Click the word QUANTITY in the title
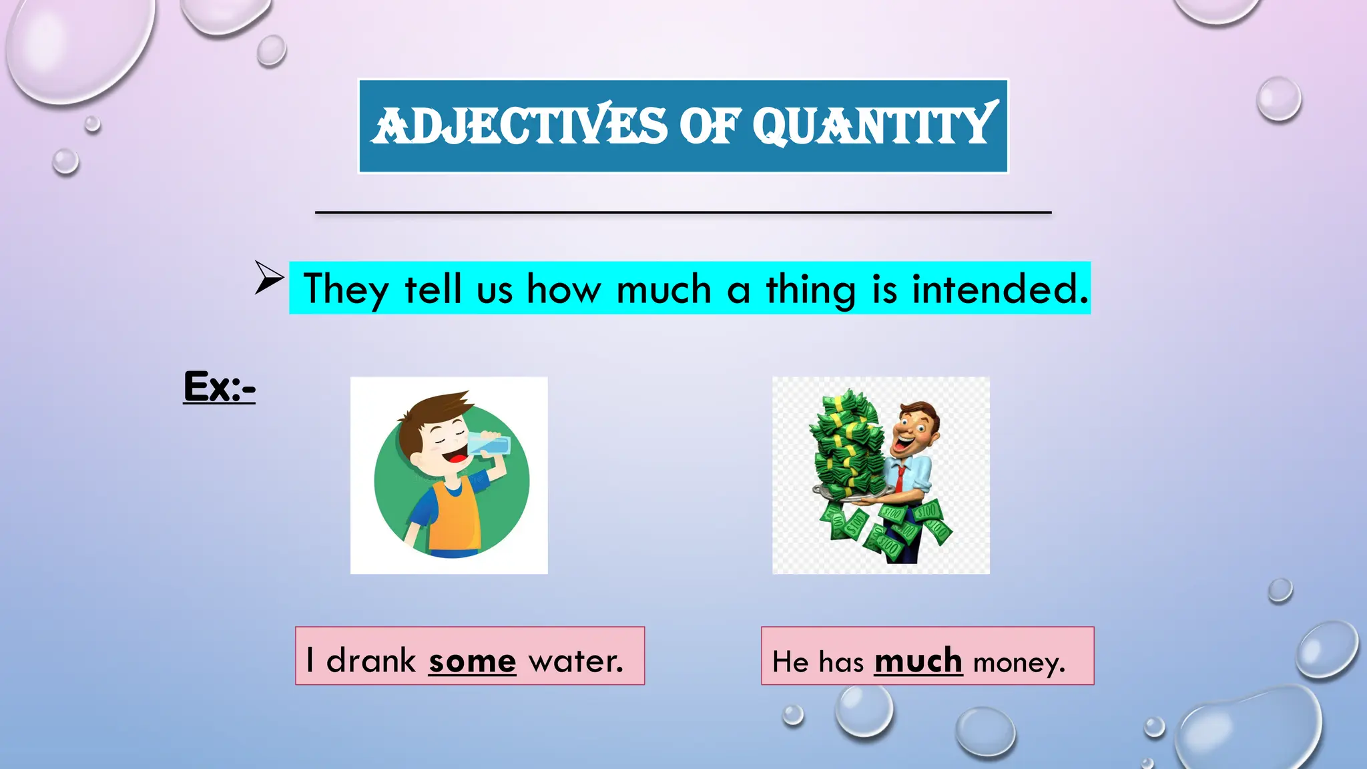874,125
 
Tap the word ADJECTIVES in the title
519,125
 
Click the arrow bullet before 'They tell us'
268,277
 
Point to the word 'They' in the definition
345,290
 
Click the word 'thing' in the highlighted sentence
810,290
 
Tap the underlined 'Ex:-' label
219,387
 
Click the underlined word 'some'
472,661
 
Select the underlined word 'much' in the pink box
918,661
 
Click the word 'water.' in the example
575,661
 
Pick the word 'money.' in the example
1019,663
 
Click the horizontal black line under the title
683,212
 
